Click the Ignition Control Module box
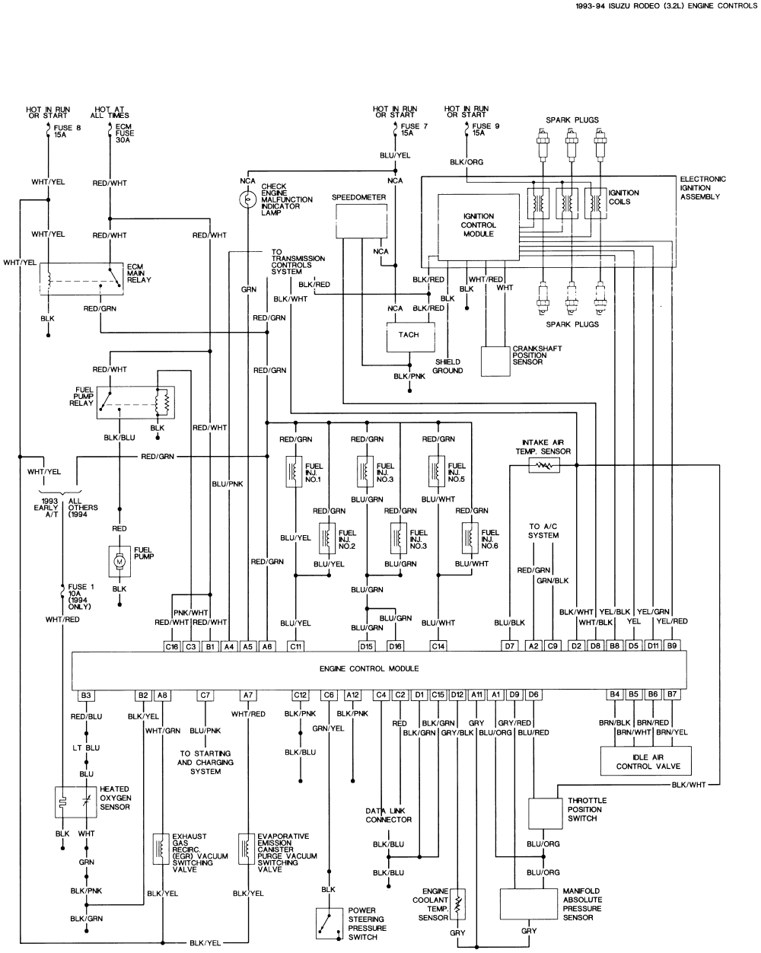pos(478,225)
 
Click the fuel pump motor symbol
pos(119,560)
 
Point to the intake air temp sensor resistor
pos(543,464)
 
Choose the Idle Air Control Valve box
pos(644,760)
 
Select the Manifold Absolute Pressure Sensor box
pos(529,904)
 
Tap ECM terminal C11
pos(295,646)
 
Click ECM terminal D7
pos(509,646)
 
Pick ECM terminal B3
pos(86,695)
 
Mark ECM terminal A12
pos(352,695)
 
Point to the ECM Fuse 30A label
pos(125,133)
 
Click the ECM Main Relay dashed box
pos(81,279)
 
